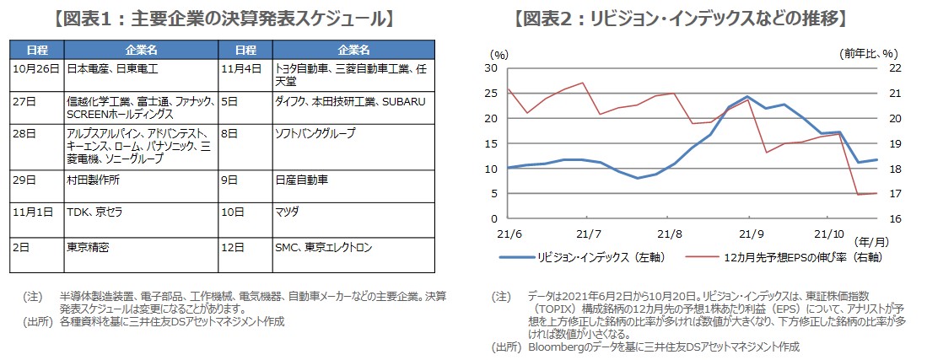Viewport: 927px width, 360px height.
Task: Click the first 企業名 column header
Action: click(139, 50)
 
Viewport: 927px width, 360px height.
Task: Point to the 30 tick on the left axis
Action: click(491, 69)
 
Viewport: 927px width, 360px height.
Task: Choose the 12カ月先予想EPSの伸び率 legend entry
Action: click(779, 258)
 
